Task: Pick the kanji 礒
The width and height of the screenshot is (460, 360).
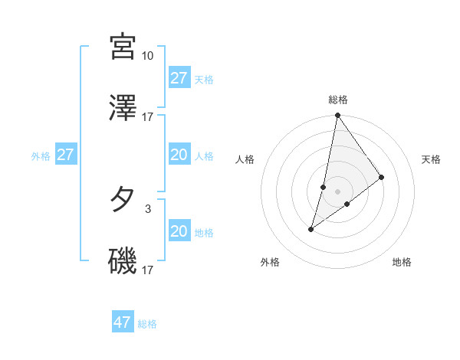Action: (x=123, y=261)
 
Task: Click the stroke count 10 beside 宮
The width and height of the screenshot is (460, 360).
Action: (x=148, y=56)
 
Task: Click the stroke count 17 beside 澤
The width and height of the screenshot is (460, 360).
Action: (x=148, y=117)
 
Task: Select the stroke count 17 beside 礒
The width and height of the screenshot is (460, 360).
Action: (x=148, y=270)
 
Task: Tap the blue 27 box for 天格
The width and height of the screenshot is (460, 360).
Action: (x=179, y=78)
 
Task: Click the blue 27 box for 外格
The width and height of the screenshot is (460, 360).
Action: (x=66, y=155)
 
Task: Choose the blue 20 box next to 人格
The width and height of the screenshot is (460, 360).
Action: (x=179, y=155)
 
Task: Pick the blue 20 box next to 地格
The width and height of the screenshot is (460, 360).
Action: (x=179, y=231)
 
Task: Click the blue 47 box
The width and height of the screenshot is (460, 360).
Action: (x=123, y=322)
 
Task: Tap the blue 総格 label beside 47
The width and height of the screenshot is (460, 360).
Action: (x=147, y=324)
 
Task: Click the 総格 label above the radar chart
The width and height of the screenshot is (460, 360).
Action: (x=337, y=100)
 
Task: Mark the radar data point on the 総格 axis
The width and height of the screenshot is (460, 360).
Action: (x=337, y=116)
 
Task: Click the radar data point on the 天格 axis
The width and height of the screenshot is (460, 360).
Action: (x=381, y=177)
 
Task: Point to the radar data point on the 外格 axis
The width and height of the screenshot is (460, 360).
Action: (x=311, y=228)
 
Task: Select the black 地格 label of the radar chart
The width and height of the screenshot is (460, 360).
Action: (x=402, y=262)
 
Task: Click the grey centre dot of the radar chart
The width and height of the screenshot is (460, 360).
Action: (x=337, y=191)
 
